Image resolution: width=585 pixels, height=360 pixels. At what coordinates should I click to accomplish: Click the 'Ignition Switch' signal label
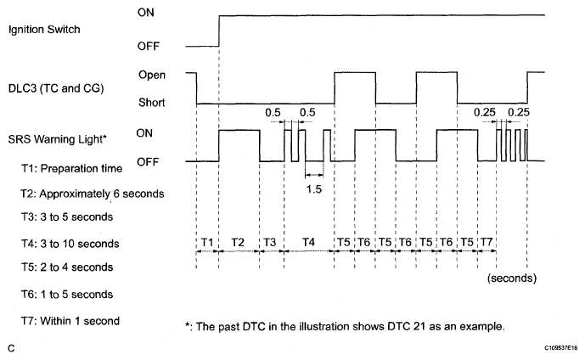44,30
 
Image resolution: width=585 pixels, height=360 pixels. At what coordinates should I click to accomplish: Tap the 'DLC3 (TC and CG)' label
56,88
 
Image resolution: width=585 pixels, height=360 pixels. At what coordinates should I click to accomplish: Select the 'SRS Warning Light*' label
58,139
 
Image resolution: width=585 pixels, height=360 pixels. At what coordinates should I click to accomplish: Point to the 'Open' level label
152,75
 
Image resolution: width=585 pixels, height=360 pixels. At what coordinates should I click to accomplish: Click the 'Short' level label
151,102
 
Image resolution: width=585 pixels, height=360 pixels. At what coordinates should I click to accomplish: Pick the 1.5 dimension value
314,189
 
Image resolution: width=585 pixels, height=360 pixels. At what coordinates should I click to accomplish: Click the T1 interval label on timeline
207,242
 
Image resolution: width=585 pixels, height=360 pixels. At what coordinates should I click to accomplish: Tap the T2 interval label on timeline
238,242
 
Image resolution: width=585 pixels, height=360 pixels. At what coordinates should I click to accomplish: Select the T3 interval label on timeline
270,242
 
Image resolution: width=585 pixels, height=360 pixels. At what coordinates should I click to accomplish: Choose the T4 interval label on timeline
308,242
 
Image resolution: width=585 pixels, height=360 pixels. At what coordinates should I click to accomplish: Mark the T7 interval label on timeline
487,242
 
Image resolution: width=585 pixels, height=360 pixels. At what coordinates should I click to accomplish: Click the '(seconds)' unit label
512,278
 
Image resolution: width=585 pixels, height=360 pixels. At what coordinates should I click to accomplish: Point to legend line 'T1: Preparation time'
71,169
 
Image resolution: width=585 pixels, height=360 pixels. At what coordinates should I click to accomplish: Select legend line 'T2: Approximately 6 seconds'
93,194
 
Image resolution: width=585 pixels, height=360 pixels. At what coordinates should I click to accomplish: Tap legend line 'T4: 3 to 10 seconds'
70,244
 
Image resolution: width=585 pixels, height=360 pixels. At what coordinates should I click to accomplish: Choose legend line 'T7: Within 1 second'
70,321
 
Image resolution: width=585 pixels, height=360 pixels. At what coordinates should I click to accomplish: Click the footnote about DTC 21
345,326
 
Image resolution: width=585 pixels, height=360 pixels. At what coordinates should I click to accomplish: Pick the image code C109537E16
560,348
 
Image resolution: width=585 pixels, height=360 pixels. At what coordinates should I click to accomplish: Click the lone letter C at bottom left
12,348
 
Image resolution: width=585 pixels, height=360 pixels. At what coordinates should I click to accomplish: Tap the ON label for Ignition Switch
145,12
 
